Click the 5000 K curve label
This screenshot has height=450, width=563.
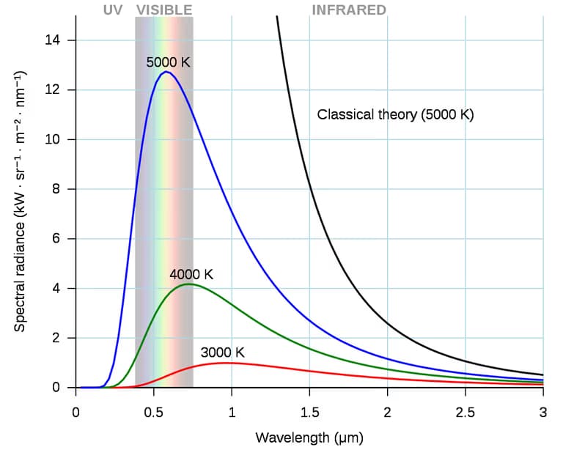coord(168,62)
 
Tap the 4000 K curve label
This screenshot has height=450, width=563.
coord(191,275)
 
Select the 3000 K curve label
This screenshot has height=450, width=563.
coord(222,353)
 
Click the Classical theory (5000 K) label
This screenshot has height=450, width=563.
coord(396,115)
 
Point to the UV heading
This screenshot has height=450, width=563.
coord(113,10)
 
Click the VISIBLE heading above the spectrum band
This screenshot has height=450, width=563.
coord(164,10)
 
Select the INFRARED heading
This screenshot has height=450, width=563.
coord(349,10)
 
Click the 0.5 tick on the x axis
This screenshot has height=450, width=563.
coord(153,412)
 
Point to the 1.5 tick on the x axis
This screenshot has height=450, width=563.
coord(309,412)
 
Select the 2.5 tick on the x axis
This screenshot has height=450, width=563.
coord(465,412)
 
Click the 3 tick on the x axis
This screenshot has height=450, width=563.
coord(542,412)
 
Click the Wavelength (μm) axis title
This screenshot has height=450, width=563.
coord(309,438)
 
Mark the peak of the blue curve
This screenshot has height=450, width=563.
coord(166,72)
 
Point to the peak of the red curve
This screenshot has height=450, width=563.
coord(226,363)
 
